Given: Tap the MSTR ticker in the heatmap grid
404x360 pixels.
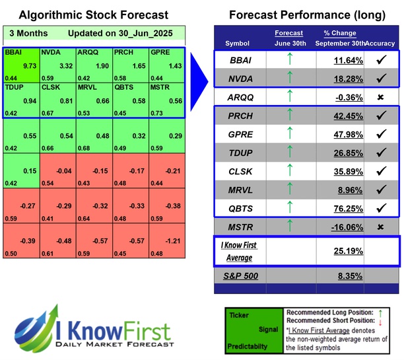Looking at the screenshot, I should (x=160, y=86).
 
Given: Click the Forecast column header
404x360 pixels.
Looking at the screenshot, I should (x=290, y=32).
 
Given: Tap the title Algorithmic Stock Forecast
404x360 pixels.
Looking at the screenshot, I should (x=93, y=15).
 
